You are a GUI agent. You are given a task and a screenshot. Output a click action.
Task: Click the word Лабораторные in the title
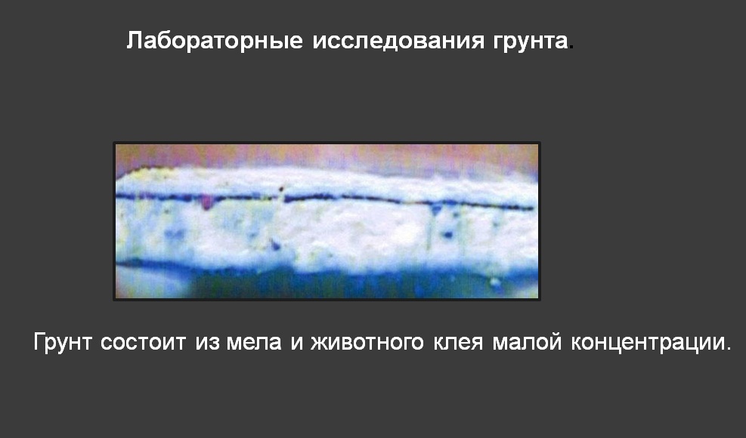coord(215,42)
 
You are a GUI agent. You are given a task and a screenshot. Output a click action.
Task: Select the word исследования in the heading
coord(398,42)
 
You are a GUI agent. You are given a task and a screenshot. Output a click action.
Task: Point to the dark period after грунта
coord(571,48)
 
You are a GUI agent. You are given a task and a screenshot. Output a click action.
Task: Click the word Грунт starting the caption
coord(62,342)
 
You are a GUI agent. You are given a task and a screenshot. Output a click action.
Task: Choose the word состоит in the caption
coord(143,343)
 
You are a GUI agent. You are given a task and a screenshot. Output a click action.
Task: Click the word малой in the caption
coord(527,343)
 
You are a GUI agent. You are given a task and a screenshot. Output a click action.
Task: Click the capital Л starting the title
coord(135,42)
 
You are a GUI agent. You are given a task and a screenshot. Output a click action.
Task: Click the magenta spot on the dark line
coord(206,202)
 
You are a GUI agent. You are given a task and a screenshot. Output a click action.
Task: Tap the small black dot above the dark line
coord(281,190)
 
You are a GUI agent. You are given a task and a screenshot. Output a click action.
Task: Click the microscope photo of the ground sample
coord(327,221)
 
